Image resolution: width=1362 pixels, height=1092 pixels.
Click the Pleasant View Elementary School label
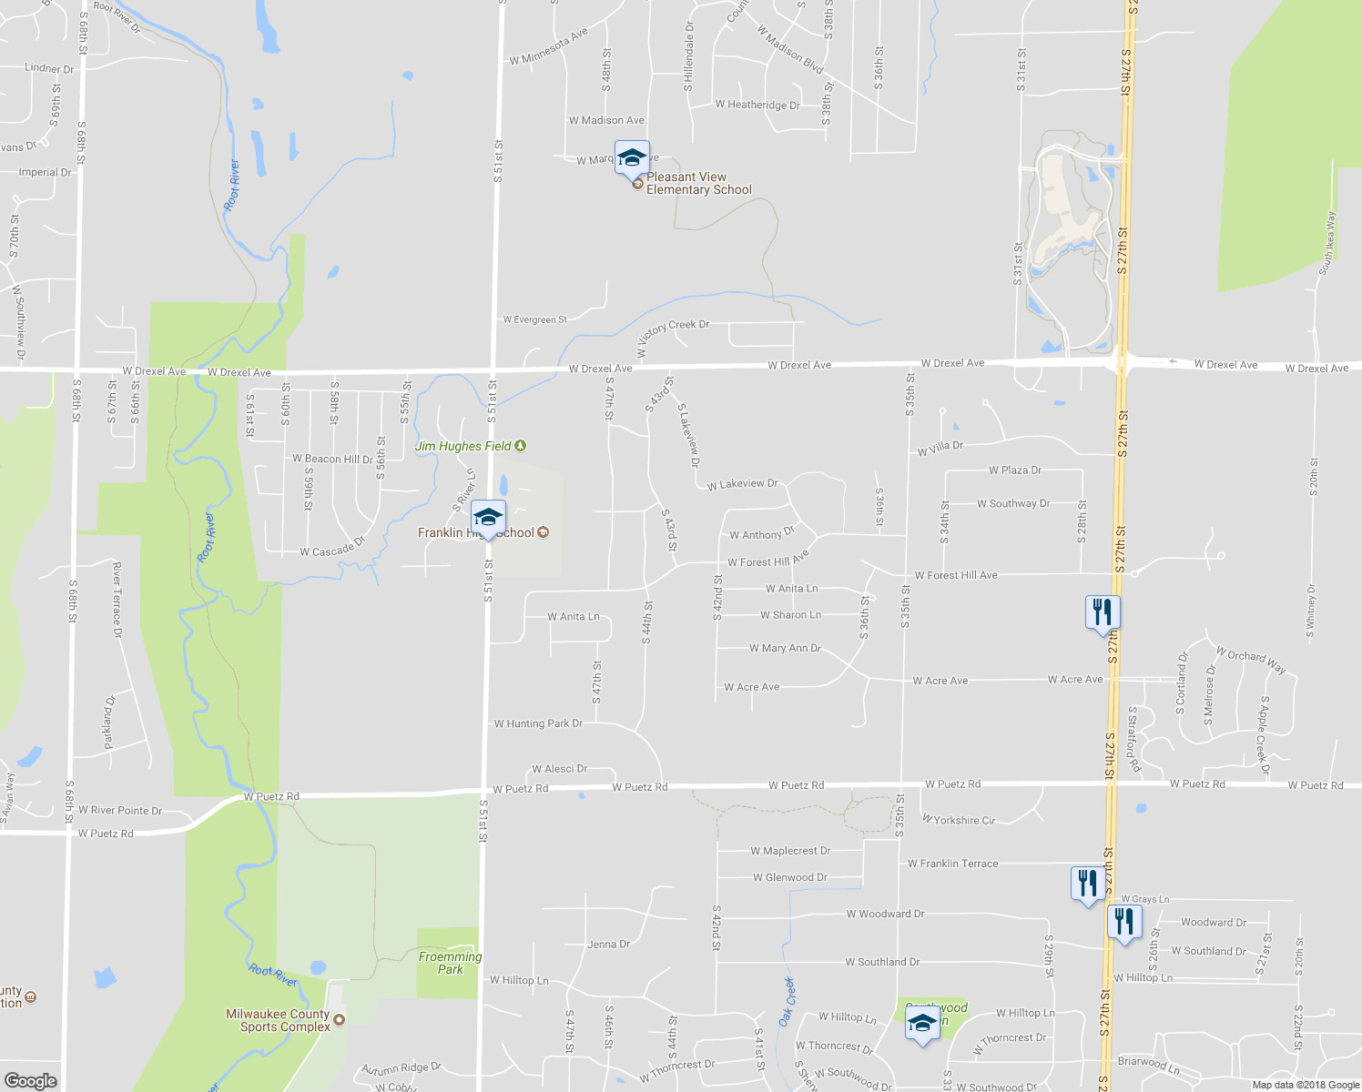point(698,184)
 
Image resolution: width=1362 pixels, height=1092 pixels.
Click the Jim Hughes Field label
point(463,446)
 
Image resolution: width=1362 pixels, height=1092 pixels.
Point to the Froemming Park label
point(450,963)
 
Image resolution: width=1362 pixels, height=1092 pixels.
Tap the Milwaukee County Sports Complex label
point(278,1020)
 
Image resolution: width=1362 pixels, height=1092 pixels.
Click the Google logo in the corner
point(30,1080)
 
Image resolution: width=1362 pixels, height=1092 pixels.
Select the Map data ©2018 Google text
point(1306,1085)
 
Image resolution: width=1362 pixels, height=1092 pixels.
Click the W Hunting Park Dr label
point(538,723)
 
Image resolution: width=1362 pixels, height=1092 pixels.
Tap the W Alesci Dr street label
point(559,769)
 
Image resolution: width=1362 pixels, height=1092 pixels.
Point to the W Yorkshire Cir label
point(959,820)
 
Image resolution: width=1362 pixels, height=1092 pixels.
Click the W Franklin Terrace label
point(952,864)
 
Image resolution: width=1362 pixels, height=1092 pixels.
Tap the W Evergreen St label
point(535,319)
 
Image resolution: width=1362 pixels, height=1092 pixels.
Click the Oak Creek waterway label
point(787,1001)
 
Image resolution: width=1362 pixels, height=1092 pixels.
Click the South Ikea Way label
point(1326,243)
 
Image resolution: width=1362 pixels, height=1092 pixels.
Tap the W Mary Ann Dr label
point(785,649)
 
